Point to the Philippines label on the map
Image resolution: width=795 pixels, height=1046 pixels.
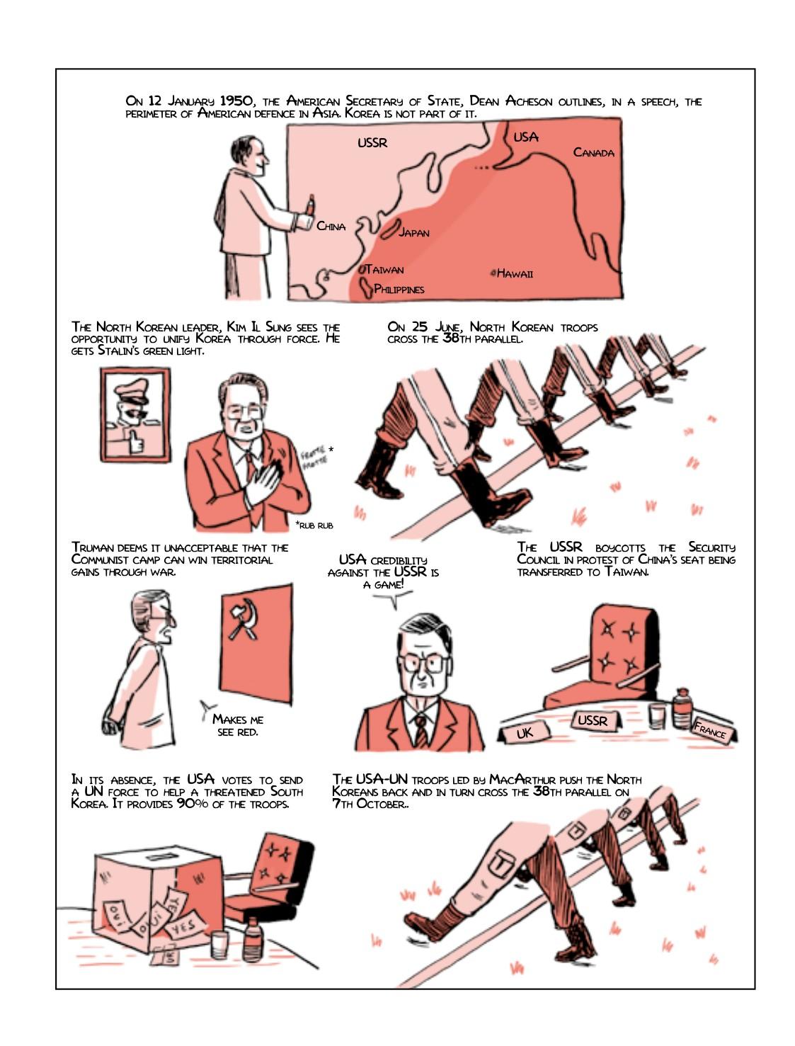pyautogui.click(x=399, y=289)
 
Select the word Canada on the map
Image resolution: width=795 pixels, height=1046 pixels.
pyautogui.click(x=593, y=152)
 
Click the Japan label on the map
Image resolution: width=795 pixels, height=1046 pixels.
pyautogui.click(x=414, y=232)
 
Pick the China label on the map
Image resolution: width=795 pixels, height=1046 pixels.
pyautogui.click(x=331, y=227)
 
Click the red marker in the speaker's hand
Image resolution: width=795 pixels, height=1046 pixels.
pyautogui.click(x=311, y=205)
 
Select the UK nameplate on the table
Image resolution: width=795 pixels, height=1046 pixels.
pyautogui.click(x=525, y=733)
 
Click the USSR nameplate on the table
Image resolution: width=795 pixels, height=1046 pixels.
pyautogui.click(x=593, y=720)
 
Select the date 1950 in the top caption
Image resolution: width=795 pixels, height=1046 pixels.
pyautogui.click(x=235, y=101)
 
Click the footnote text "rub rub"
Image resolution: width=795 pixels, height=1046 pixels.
pyautogui.click(x=314, y=525)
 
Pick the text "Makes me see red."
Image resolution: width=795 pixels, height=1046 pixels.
pyautogui.click(x=238, y=726)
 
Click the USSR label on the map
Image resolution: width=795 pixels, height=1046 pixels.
pyautogui.click(x=372, y=142)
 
